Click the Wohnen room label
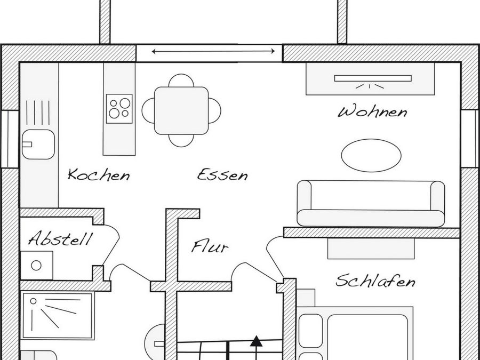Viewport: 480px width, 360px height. click(373, 112)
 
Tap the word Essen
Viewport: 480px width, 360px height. click(222, 174)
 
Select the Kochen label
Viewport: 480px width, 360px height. click(99, 174)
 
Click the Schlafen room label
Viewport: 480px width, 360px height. click(375, 281)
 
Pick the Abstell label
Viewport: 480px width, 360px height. click(60, 239)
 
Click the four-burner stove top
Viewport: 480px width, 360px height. click(119, 108)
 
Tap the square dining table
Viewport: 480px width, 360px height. click(181, 110)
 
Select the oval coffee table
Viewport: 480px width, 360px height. click(371, 155)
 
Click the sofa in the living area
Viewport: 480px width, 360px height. click(371, 203)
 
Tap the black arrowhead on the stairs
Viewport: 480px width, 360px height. click(257, 340)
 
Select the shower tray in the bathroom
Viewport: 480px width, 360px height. click(58, 316)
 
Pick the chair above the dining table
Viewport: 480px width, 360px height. click(181, 81)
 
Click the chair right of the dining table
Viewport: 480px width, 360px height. click(215, 110)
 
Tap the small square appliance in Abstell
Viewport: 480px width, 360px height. click(37, 265)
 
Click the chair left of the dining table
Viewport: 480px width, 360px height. click(148, 110)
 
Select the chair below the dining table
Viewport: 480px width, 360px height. click(181, 140)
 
